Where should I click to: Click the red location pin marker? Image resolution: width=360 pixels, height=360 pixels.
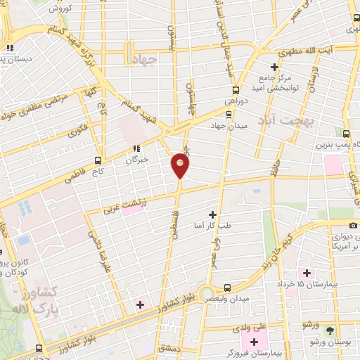tap(181, 165)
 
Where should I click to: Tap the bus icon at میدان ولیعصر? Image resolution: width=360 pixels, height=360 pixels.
tap(227, 287)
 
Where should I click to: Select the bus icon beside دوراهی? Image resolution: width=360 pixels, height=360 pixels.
tap(236, 90)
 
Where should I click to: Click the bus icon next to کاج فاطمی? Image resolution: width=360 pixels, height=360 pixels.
tap(98, 160)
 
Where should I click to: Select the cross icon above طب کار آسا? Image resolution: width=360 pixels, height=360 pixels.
tap(212, 213)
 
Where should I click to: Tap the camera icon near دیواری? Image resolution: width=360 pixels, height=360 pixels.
tap(353, 225)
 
